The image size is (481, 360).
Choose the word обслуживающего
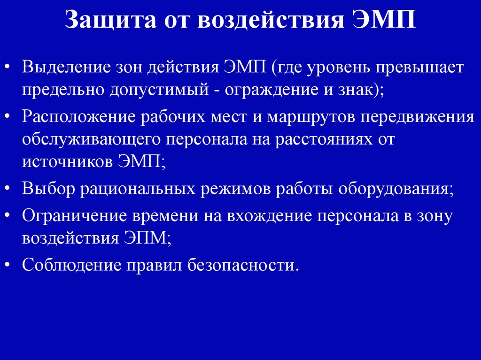pyautogui.click(x=87, y=139)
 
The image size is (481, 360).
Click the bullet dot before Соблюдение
pyautogui.click(x=10, y=265)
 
